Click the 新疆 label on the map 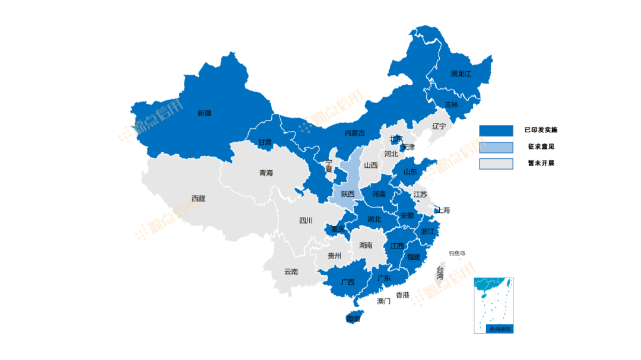[x=204, y=113]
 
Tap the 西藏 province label [x=198, y=199]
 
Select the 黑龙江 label [x=461, y=74]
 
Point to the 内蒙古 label [x=355, y=133]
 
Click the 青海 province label [x=266, y=173]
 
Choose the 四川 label [x=306, y=221]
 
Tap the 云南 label [x=291, y=272]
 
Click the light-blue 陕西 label [x=347, y=194]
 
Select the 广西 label [x=348, y=282]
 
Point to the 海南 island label [x=353, y=319]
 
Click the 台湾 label [x=440, y=273]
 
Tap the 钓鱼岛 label [x=457, y=253]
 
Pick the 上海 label [x=443, y=210]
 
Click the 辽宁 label [x=439, y=126]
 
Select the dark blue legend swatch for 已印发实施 [x=496, y=130]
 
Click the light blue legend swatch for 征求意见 [x=496, y=147]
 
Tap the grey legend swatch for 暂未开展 [x=496, y=164]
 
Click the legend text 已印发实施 [x=541, y=130]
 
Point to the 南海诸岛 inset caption [x=499, y=329]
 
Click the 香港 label [x=402, y=295]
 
